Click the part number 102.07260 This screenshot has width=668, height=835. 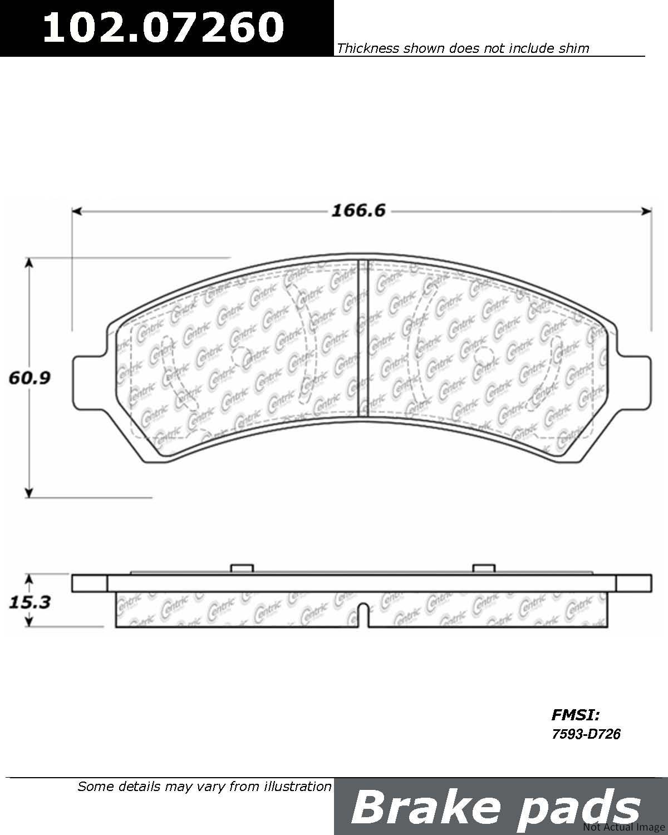(164, 27)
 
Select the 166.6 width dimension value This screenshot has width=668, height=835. (358, 211)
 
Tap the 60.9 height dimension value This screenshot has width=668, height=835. (30, 377)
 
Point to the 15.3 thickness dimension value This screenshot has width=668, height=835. (30, 602)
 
